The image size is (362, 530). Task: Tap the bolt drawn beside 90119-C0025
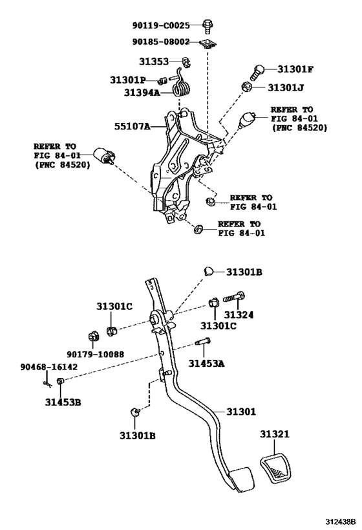pyautogui.click(x=207, y=26)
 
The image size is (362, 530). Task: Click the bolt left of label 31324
pyautogui.click(x=233, y=298)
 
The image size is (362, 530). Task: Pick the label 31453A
pyautogui.click(x=207, y=364)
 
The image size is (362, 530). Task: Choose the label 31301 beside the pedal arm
pyautogui.click(x=240, y=412)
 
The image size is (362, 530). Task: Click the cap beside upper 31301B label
pyautogui.click(x=209, y=271)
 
